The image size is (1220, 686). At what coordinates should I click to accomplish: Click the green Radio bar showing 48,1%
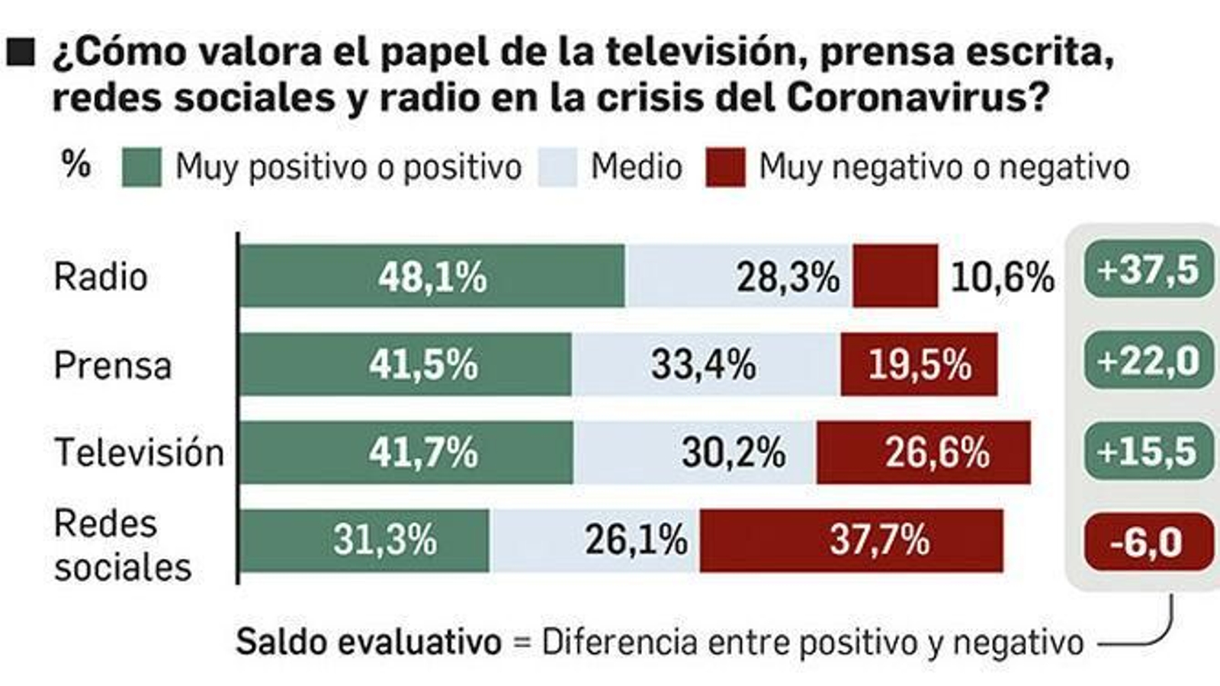[432, 276]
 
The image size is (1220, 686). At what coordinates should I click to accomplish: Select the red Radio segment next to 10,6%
[895, 276]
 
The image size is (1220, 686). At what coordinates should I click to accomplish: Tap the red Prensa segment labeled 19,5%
[919, 364]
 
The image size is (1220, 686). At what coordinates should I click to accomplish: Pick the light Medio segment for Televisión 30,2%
[694, 453]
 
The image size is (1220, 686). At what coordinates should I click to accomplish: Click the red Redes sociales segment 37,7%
[851, 540]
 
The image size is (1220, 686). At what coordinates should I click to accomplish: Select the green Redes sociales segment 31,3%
[364, 540]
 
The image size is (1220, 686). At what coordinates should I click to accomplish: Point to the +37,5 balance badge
[1148, 270]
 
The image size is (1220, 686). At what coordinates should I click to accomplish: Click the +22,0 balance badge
[1148, 361]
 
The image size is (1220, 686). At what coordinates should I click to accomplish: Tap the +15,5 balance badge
[1148, 451]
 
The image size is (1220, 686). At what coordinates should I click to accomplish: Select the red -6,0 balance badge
[1148, 542]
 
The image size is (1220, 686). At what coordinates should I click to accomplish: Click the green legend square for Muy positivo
[142, 167]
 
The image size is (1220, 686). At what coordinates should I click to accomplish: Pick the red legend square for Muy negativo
[725, 167]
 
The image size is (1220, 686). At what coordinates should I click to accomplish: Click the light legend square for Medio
[557, 167]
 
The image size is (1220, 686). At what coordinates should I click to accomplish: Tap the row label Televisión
[139, 453]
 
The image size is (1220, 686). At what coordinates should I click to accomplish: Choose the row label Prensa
[112, 365]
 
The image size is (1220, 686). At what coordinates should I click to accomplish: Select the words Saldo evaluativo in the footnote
[368, 642]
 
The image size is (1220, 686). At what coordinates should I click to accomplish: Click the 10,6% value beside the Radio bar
[1002, 277]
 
